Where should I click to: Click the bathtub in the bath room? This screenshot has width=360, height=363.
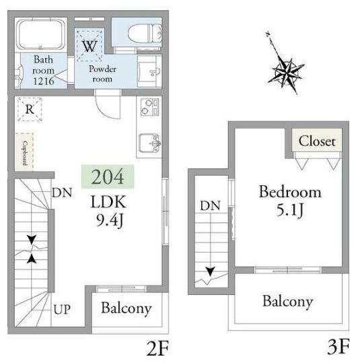(41, 34)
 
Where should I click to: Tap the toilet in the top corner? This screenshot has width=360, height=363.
(145, 34)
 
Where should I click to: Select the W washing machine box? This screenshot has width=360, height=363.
(89, 45)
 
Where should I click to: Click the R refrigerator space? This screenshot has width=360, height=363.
(30, 109)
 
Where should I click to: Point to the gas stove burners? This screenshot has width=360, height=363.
(150, 106)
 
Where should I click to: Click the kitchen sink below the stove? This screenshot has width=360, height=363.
(149, 143)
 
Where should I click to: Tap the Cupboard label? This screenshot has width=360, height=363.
(24, 153)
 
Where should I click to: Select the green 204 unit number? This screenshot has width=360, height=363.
(108, 176)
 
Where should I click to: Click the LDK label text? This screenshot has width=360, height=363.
(108, 201)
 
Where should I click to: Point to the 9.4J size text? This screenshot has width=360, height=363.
(110, 220)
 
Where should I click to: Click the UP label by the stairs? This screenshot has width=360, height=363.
(62, 310)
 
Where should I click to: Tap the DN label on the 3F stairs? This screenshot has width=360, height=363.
(210, 205)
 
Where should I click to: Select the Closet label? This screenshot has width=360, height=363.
(317, 141)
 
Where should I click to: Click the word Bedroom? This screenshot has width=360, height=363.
(290, 192)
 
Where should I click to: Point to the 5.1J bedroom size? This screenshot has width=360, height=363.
(290, 210)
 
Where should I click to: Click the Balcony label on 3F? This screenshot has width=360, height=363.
(288, 302)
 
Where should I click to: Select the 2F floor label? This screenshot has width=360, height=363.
(157, 348)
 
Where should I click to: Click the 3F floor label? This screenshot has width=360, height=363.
(338, 347)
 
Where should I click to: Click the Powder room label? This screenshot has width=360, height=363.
(102, 73)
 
